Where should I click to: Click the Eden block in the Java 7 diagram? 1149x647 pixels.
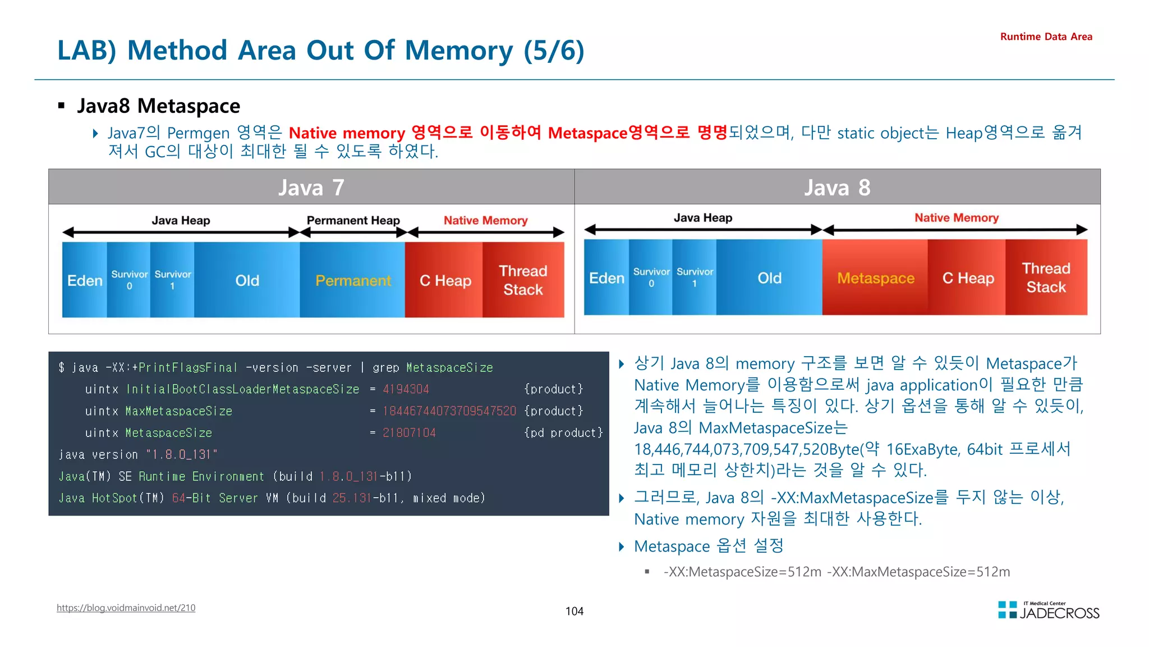[84, 280]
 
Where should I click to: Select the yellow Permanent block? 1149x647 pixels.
[352, 280]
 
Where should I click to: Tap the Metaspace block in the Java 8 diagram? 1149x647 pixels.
[875, 278]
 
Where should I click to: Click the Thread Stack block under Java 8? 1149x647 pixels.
[1046, 278]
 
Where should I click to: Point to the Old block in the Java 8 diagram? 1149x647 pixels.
[769, 278]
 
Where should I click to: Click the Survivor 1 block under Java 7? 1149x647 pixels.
[172, 280]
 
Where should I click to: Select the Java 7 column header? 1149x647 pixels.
[311, 187]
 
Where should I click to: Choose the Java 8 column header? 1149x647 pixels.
[837, 187]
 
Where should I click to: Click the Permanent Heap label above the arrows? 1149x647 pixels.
[353, 220]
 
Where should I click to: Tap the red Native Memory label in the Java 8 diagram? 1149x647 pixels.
[957, 217]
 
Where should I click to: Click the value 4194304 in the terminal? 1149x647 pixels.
[406, 389]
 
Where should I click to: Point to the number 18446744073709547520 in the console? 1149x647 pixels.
[449, 411]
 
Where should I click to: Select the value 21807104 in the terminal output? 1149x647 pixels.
[409, 433]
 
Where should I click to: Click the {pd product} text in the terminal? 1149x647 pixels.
[563, 433]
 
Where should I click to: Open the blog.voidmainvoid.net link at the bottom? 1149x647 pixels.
[126, 608]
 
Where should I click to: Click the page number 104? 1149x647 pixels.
[574, 611]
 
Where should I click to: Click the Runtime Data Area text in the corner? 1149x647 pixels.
[1046, 37]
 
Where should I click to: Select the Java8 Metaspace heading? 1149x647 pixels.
[158, 106]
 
